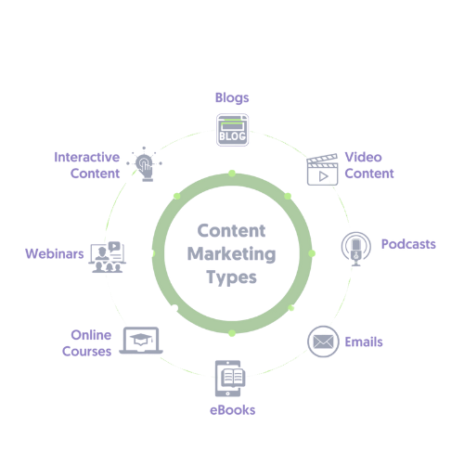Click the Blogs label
tap(232, 98)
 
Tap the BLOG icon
tap(232, 130)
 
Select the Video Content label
tap(369, 165)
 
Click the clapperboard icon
tap(322, 170)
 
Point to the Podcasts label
tap(408, 244)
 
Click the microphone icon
tap(356, 249)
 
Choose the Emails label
tap(364, 342)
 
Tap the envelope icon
tap(323, 342)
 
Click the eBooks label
tap(233, 410)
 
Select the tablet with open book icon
tap(230, 379)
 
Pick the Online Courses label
tap(87, 343)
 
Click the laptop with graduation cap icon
tap(141, 341)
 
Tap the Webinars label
tap(55, 253)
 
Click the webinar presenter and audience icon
tap(108, 257)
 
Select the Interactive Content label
tap(87, 165)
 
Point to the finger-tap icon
tap(144, 164)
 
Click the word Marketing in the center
tap(232, 254)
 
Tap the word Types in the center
tap(232, 277)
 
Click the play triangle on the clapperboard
tap(324, 176)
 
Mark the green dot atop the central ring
tap(232, 174)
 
